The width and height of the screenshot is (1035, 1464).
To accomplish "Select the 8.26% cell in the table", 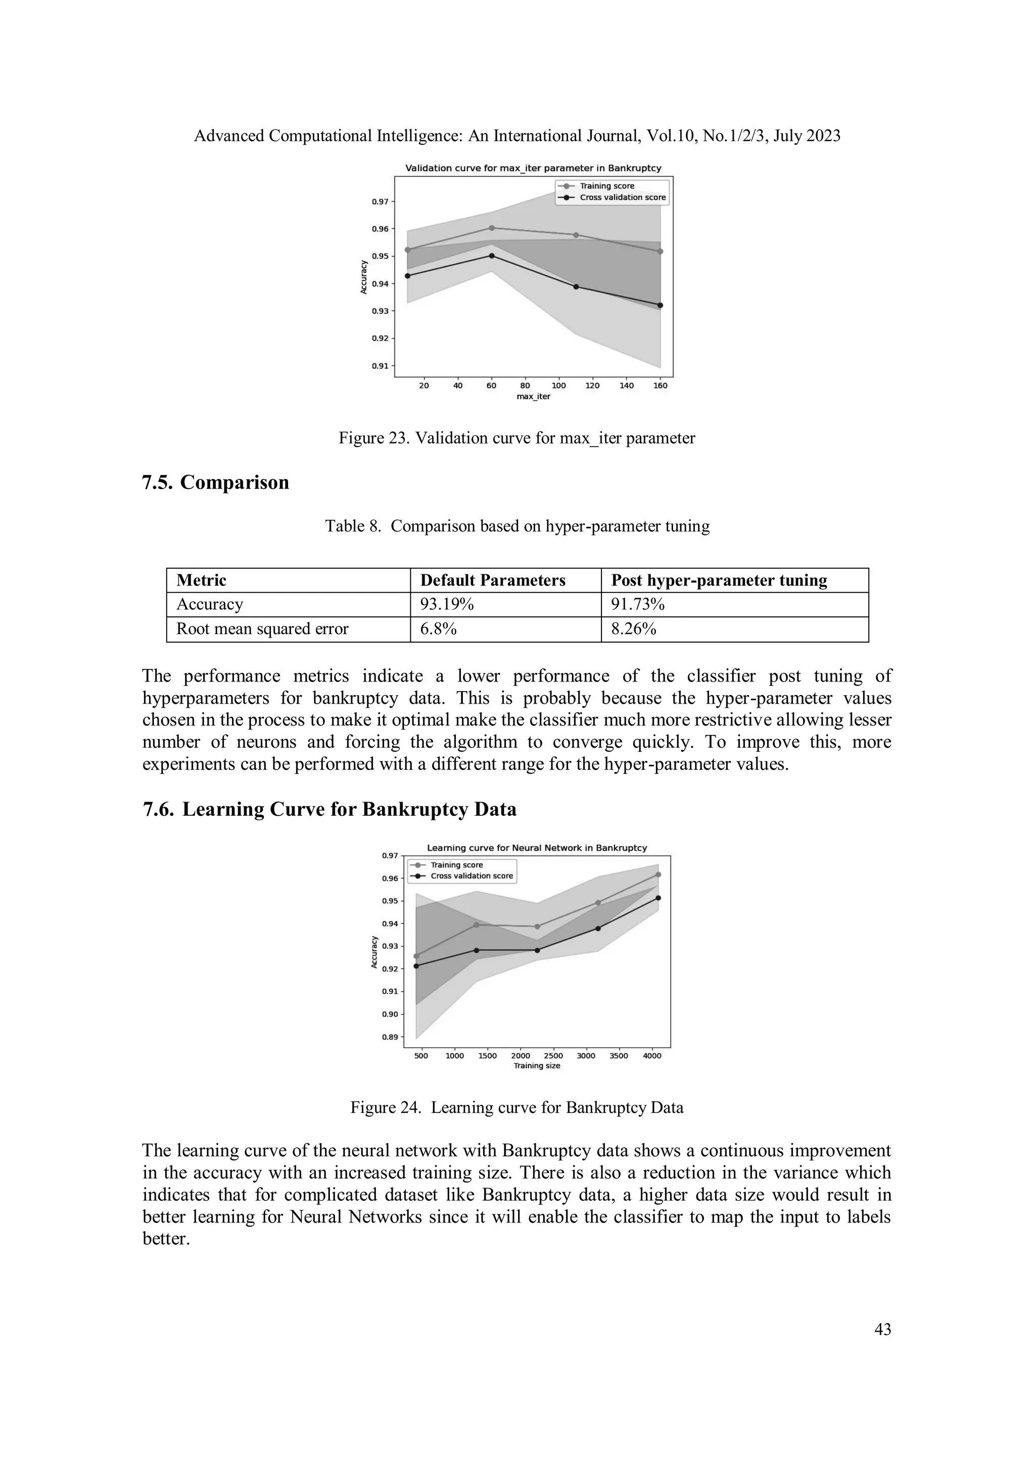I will pos(633,629).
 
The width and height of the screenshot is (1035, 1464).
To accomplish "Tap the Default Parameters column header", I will pos(492,580).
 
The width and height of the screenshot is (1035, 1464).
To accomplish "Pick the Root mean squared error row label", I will pos(262,629).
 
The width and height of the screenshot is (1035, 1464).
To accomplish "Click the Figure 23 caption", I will pos(516,438).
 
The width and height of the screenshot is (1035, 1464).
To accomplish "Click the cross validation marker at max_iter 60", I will pos(492,256).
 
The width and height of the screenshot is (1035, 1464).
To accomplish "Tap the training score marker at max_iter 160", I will pos(660,251).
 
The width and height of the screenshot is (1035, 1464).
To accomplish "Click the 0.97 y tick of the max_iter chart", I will pos(380,202).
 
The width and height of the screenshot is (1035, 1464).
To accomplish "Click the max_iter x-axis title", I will pos(533,397).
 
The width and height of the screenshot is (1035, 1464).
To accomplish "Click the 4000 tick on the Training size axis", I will pos(652,1056).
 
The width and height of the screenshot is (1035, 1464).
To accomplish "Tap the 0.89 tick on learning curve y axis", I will pos(390,1037).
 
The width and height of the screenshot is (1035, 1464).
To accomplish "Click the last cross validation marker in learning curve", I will pos(658,898).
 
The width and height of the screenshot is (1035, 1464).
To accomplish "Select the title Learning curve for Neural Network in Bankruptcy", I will pos(536,848).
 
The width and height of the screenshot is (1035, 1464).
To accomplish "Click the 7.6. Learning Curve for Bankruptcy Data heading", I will pos(330,809).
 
